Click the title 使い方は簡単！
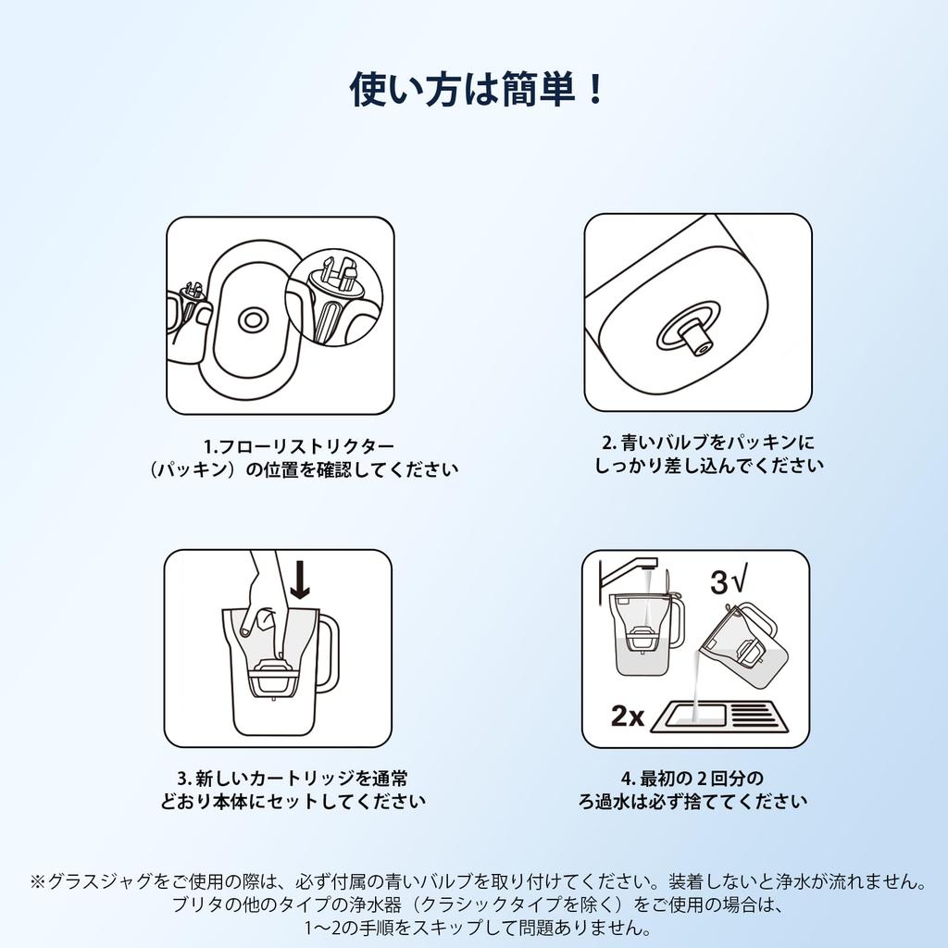[x=477, y=90]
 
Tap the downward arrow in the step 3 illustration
[x=300, y=578]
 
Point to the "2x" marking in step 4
[x=628, y=716]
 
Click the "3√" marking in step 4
[x=730, y=580]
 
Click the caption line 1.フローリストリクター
[x=299, y=447]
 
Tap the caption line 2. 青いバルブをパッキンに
[x=708, y=443]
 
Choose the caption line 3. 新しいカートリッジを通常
[x=293, y=778]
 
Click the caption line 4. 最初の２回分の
[x=692, y=778]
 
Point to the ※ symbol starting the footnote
[x=38, y=881]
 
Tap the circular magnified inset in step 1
[x=333, y=297]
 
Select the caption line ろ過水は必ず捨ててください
[x=692, y=802]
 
